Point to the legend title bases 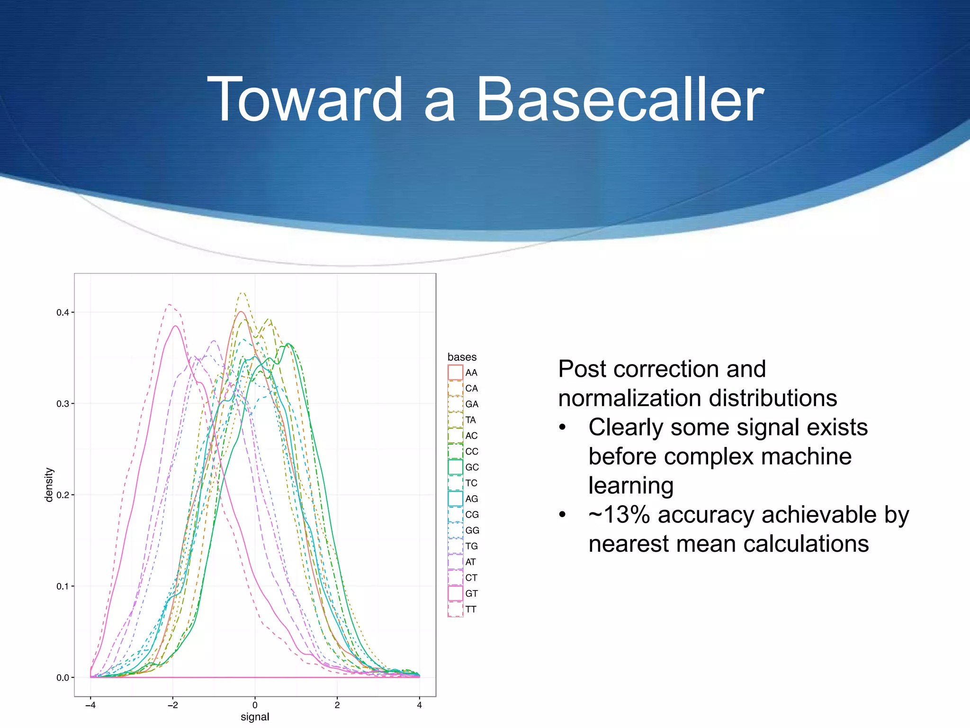[462, 357]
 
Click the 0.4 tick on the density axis [63, 312]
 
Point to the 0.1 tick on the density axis [63, 586]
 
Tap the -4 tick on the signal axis [90, 705]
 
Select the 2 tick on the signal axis [337, 705]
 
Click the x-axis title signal [255, 717]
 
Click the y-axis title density [49, 484]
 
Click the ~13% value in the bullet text [619, 515]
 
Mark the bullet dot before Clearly [562, 428]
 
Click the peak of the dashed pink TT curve [169, 304]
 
